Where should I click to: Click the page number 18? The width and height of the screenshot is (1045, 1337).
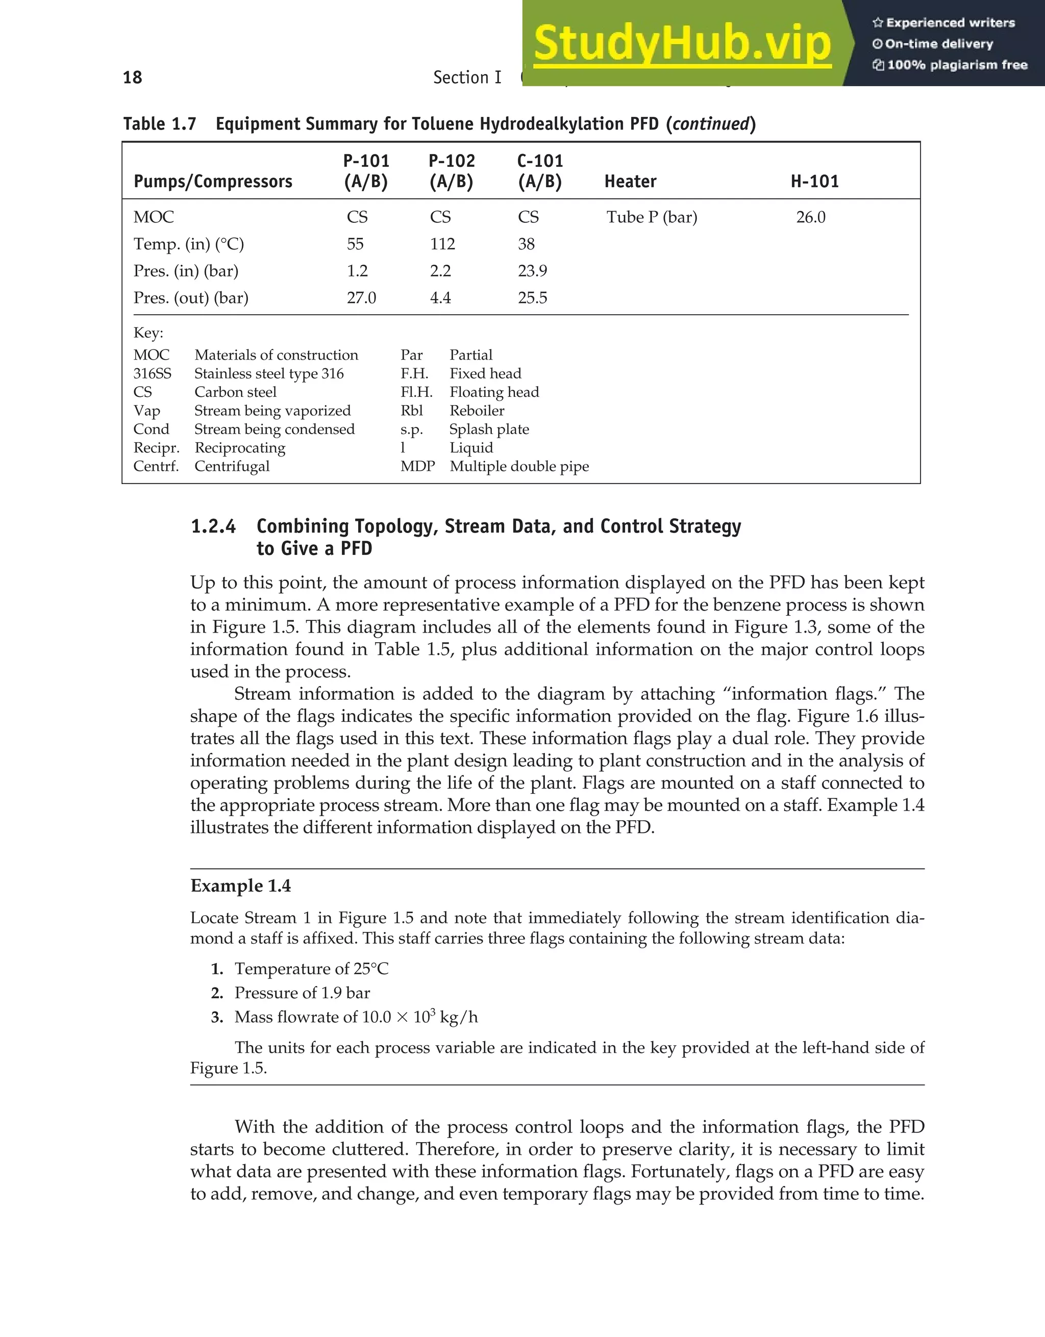(132, 78)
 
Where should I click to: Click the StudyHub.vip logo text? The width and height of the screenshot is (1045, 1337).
(681, 44)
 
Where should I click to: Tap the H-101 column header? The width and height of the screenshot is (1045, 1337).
(814, 181)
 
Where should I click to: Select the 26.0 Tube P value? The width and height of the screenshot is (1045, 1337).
(810, 217)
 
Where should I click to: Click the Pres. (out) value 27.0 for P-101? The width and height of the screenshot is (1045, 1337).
(361, 298)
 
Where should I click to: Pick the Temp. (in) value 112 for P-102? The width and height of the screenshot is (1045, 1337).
(442, 244)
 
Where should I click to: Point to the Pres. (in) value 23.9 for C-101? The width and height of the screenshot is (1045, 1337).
(532, 271)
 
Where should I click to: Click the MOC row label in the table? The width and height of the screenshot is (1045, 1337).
(154, 217)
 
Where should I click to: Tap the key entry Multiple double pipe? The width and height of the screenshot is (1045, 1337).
(519, 466)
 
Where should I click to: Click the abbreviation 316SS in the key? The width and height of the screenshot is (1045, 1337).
(153, 373)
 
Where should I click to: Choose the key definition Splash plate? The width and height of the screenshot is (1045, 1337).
(489, 429)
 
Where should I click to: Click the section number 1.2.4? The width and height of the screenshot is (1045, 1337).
(213, 526)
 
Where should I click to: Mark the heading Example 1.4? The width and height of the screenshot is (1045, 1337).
(241, 886)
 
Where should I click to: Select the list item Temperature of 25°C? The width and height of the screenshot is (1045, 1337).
(311, 969)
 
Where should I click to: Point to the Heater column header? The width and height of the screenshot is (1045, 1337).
(630, 181)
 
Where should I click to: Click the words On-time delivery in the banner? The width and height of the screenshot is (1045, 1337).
(938, 44)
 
